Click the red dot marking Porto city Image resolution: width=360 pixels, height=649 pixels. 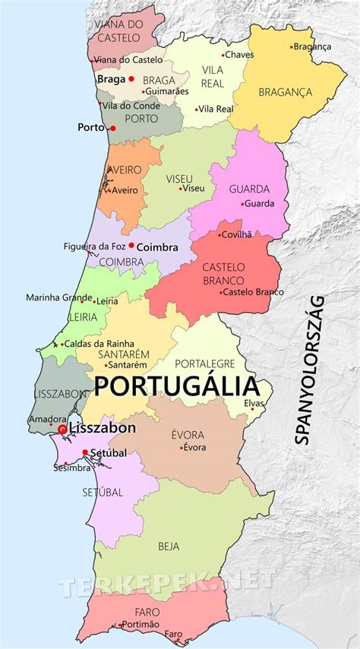coord(112,128)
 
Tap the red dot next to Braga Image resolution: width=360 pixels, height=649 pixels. coord(131,78)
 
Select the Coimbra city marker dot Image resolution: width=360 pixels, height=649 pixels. coord(131,245)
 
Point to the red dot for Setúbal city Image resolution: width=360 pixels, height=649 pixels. coord(85,453)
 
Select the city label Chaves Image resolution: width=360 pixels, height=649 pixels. coord(240,55)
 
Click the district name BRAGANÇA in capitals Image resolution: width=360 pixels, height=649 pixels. coord(285,92)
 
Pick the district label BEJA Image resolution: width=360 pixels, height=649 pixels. coord(169,546)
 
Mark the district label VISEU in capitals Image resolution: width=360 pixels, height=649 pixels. coord(180,178)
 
